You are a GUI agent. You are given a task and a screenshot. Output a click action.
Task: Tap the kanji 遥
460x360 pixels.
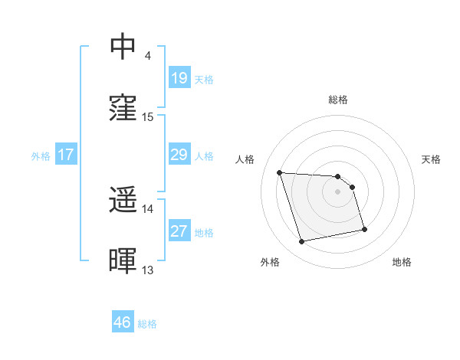click(x=123, y=201)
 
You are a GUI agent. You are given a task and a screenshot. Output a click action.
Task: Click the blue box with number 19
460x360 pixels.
click(x=179, y=78)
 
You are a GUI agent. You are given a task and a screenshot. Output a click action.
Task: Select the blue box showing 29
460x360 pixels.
click(x=179, y=155)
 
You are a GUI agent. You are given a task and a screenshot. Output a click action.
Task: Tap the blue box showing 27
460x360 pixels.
click(x=179, y=232)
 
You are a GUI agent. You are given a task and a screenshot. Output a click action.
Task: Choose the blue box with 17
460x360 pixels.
click(x=66, y=155)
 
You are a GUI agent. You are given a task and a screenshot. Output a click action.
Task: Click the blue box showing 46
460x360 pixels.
click(x=123, y=322)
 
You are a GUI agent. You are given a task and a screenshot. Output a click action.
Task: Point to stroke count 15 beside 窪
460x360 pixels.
click(x=148, y=117)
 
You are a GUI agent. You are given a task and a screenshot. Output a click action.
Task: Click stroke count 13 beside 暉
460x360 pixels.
click(x=148, y=270)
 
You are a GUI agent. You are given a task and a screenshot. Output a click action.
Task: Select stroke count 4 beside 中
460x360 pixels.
click(x=148, y=55)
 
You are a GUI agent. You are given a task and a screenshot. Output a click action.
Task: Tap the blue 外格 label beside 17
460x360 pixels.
click(x=41, y=156)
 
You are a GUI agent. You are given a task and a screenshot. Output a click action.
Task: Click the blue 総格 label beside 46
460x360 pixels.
click(x=147, y=324)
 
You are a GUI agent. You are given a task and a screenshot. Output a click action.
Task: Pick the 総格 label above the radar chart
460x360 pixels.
click(x=338, y=100)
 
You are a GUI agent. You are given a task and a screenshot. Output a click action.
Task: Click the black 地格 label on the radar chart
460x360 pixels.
click(x=402, y=263)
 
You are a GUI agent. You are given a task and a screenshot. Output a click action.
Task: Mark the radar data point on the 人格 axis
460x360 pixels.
click(x=280, y=172)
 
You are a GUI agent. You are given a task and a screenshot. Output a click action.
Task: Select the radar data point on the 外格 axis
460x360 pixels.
click(x=302, y=242)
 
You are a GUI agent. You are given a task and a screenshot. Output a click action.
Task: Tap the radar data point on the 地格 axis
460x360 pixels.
click(x=364, y=228)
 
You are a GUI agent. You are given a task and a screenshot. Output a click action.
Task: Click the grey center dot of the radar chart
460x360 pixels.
click(x=338, y=191)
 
